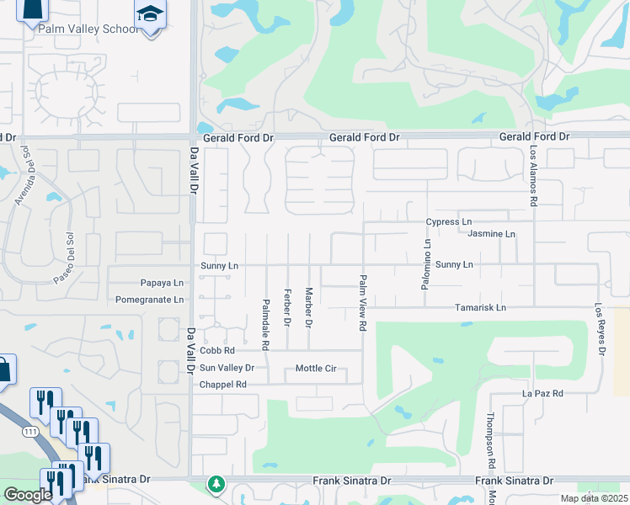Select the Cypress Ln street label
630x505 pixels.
click(448, 222)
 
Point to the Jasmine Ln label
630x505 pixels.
click(491, 233)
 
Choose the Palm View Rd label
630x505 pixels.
click(363, 301)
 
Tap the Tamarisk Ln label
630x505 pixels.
click(481, 308)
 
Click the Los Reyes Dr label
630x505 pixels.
click(600, 329)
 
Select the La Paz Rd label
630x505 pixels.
click(542, 393)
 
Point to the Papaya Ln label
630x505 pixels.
click(162, 283)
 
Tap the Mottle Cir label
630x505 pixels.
click(316, 369)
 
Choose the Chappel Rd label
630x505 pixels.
click(222, 385)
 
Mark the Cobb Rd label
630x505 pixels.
click(216, 350)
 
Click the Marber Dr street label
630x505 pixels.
click(309, 306)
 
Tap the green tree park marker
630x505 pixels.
click(217, 484)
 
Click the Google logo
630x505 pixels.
click(28, 495)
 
